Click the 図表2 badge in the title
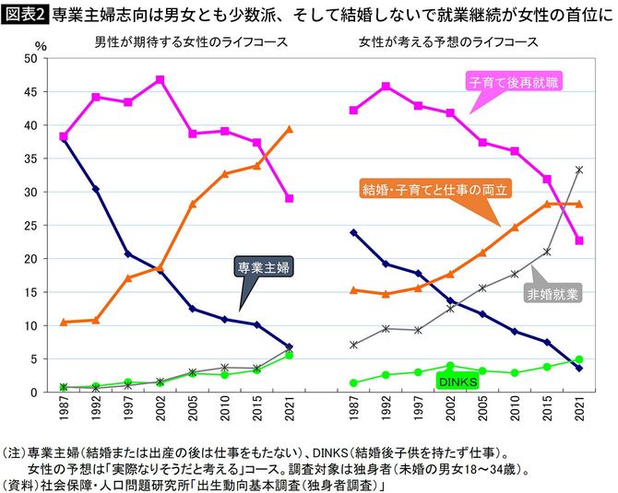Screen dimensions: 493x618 point(25,15)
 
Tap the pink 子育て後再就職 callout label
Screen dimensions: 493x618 point(515,81)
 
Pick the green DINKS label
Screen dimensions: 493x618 point(457,381)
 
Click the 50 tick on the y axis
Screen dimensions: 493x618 point(30,58)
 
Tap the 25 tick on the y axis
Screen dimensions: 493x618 point(30,226)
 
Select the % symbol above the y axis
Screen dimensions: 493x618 point(40,45)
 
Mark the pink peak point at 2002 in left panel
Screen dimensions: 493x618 point(160,79)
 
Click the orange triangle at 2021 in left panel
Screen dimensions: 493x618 point(290,129)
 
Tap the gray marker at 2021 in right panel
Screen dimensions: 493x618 point(579,170)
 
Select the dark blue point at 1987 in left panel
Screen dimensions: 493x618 point(63,137)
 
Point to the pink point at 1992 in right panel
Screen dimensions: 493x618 point(386,87)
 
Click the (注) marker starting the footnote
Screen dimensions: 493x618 point(16,452)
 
